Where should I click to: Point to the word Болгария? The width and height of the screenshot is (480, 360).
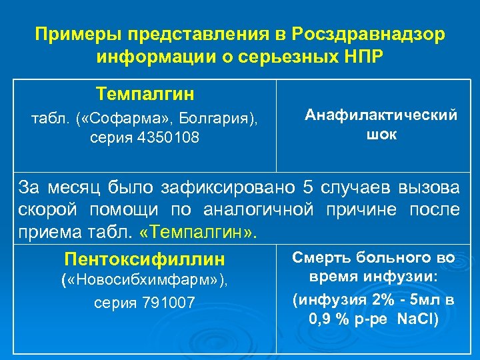[x=220, y=120]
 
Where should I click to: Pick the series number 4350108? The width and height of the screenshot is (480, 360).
[x=170, y=138]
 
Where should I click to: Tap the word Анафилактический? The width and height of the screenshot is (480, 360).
[x=381, y=115]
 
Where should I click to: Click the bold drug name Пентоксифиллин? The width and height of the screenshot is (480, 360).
[x=144, y=259]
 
